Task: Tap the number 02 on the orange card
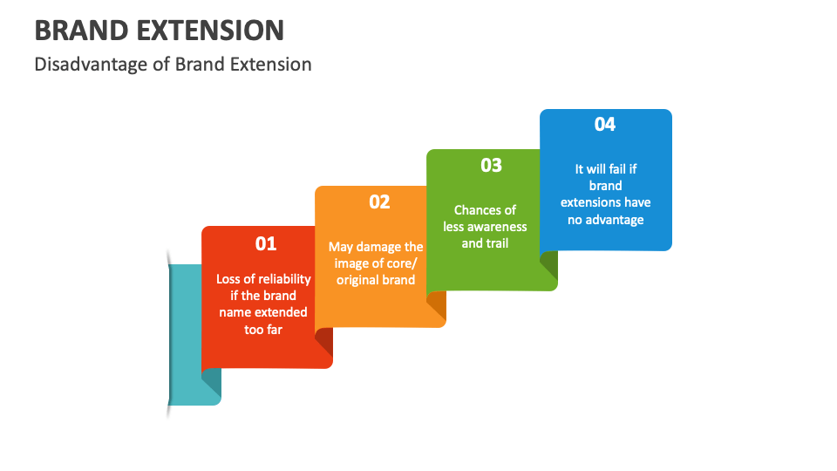tap(379, 201)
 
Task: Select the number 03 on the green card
tap(492, 165)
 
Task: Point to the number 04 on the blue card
tap(605, 124)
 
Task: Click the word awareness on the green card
tap(497, 227)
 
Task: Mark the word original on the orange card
tap(359, 280)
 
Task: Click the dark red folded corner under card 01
tap(323, 341)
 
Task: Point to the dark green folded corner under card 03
tap(548, 265)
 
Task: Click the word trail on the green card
tap(497, 243)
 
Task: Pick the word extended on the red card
tap(283, 312)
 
